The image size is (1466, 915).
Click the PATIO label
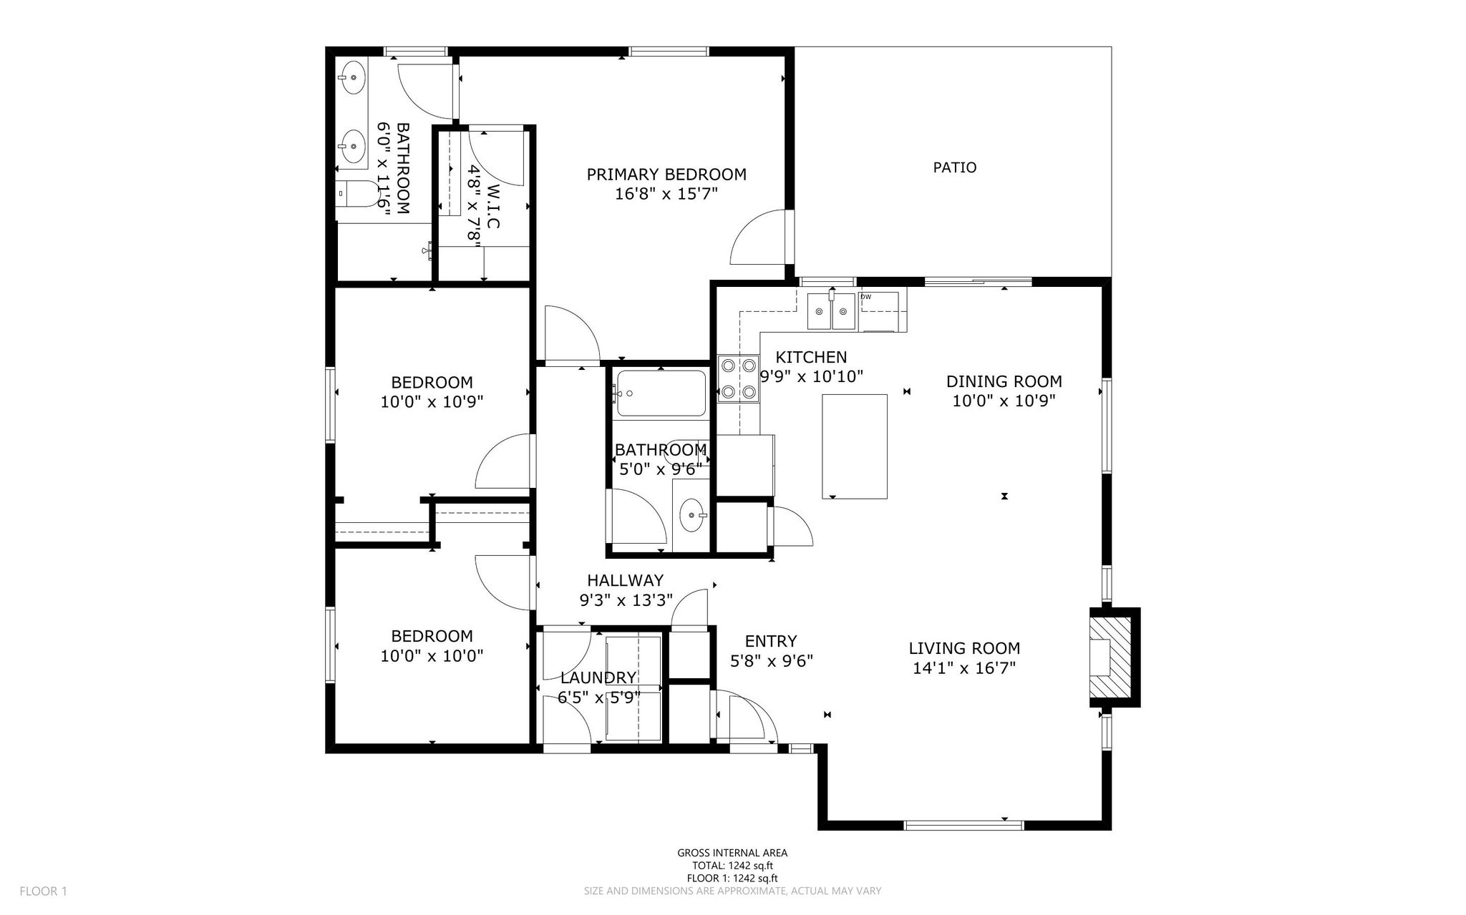[955, 167]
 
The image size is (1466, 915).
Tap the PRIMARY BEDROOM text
[666, 175]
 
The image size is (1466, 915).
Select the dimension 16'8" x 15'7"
[666, 194]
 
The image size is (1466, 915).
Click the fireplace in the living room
[1115, 657]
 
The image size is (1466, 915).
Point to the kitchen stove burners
[738, 378]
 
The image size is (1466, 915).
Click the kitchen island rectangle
[855, 446]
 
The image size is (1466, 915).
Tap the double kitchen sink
[832, 310]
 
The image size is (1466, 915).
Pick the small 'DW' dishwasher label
[865, 296]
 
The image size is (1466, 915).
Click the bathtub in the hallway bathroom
[660, 393]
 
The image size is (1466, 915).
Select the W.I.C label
[492, 207]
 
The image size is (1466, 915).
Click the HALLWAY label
[625, 580]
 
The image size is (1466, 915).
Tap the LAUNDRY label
[598, 677]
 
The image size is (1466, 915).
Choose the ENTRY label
[771, 641]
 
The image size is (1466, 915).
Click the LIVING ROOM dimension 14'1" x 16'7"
[964, 668]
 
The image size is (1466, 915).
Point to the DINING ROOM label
[1004, 381]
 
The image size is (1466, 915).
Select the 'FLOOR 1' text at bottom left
[43, 891]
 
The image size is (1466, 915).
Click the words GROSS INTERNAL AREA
[732, 853]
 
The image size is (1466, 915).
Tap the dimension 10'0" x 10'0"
[432, 655]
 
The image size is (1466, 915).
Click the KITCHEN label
[811, 357]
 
